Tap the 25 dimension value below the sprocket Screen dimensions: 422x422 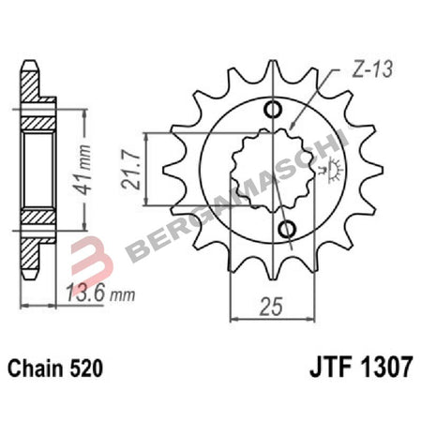coord(269,307)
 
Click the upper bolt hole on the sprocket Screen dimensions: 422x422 coord(274,110)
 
